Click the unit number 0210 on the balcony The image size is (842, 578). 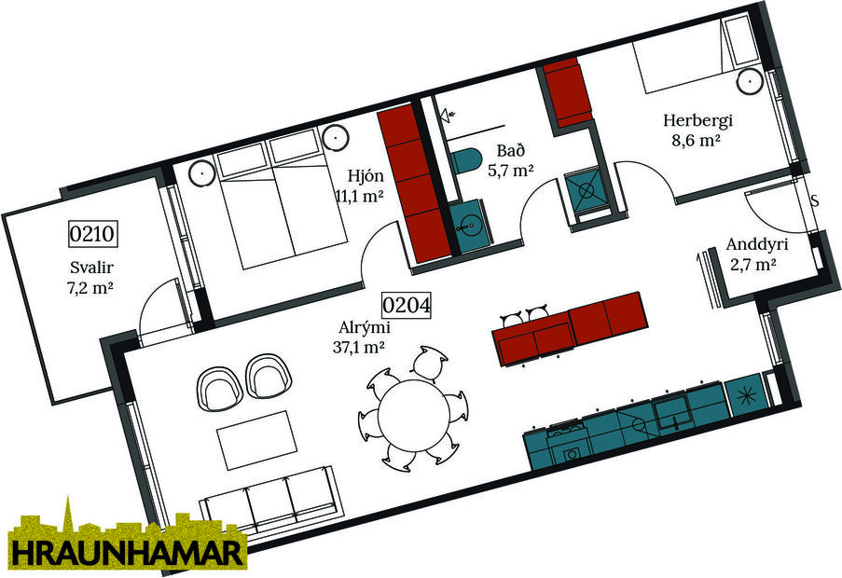tap(93, 233)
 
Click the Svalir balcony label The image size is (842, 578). tap(84, 268)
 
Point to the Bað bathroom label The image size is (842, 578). tap(509, 151)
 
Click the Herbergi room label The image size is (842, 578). tap(698, 120)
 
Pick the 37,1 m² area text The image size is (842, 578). tap(363, 347)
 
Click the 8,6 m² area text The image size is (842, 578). tap(698, 141)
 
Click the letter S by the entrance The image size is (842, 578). tap(814, 200)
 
